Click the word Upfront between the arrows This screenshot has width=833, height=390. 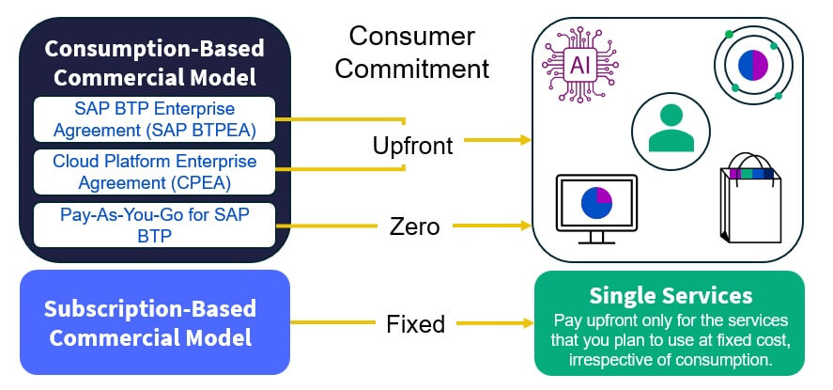coord(412,146)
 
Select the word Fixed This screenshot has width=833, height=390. coord(415,325)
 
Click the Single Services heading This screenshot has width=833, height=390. coord(670,296)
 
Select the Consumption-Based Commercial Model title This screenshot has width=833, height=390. coord(155,62)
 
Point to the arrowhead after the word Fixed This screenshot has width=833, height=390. coord(523,324)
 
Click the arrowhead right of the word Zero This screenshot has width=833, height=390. coord(523,226)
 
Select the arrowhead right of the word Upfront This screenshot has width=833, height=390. coord(523,141)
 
